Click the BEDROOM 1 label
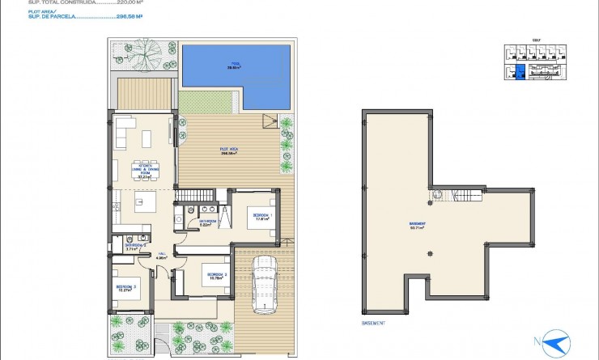click(261, 216)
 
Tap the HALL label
click(162, 256)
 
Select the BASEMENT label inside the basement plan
click(418, 226)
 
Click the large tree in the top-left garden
click(146, 57)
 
